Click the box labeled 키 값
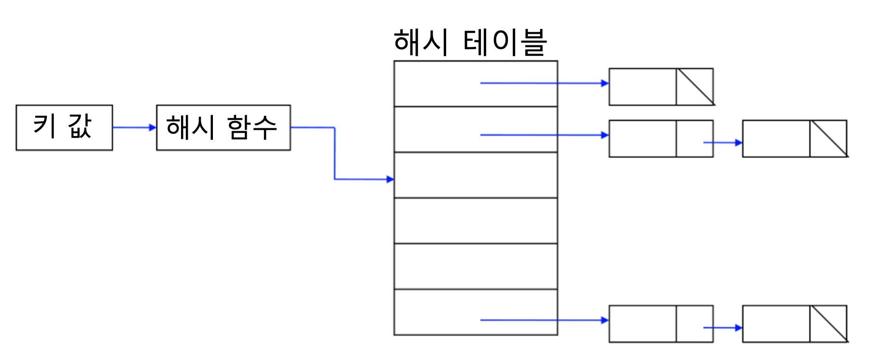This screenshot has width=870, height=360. [x=64, y=127]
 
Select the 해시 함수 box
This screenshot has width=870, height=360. [x=223, y=127]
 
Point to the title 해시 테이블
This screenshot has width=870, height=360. [x=470, y=42]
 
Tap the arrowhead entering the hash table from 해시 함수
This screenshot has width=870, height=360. [x=390, y=180]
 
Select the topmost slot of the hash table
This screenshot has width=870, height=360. [x=435, y=83]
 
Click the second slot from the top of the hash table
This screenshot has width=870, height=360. [x=435, y=129]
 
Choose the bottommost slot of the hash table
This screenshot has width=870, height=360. [x=435, y=312]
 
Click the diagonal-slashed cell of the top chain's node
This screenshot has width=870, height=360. [x=695, y=87]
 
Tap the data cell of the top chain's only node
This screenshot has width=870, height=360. [x=642, y=87]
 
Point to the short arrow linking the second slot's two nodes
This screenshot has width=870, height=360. [x=722, y=142]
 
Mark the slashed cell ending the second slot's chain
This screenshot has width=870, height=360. [x=828, y=138]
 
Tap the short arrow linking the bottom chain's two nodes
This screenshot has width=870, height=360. [x=722, y=328]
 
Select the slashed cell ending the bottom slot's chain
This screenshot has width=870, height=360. [x=828, y=324]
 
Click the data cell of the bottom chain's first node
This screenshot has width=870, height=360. [x=642, y=324]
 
